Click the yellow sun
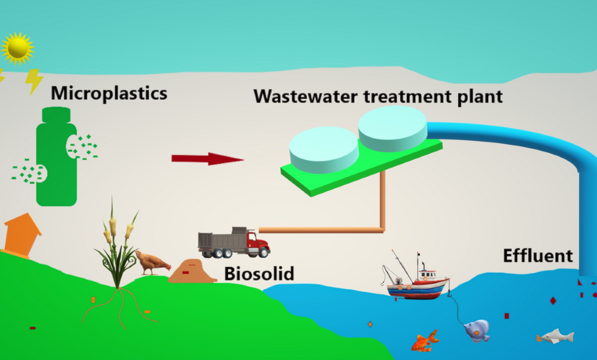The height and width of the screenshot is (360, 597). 18,48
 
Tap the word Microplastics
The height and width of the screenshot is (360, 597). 109,93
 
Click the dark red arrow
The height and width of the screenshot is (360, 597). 207,158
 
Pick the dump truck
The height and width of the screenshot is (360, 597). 233,242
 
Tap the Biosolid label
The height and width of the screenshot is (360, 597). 259,274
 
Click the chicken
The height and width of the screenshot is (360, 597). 152,263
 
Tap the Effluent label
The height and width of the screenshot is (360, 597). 537,256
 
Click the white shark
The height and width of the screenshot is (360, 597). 556,336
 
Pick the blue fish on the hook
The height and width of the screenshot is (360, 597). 477,330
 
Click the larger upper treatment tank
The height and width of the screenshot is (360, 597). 393,128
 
